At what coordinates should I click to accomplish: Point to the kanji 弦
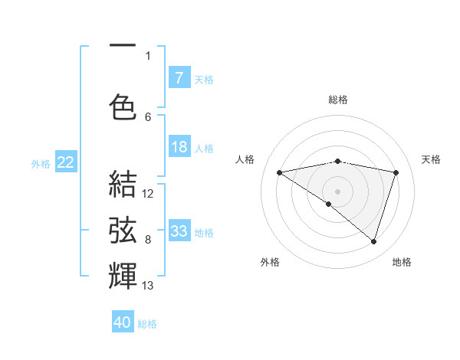(x=123, y=229)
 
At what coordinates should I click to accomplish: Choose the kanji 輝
(x=123, y=274)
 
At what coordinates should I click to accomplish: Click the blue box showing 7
(x=179, y=77)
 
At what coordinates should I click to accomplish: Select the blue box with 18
(x=179, y=147)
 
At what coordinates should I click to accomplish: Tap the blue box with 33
(x=179, y=231)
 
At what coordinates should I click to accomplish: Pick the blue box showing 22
(x=65, y=162)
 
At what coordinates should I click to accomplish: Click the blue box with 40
(x=123, y=322)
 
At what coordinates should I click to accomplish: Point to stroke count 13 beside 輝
(x=148, y=286)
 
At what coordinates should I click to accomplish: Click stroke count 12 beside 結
(x=148, y=193)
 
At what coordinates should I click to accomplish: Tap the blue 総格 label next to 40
(x=147, y=323)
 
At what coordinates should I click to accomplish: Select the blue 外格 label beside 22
(x=41, y=162)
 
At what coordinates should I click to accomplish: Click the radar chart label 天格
(x=431, y=159)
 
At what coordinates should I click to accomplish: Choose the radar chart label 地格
(x=402, y=262)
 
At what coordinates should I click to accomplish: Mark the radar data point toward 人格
(x=279, y=172)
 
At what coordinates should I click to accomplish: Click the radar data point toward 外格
(x=329, y=204)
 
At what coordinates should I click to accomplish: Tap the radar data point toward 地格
(x=373, y=242)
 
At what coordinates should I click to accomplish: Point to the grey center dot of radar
(x=337, y=190)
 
